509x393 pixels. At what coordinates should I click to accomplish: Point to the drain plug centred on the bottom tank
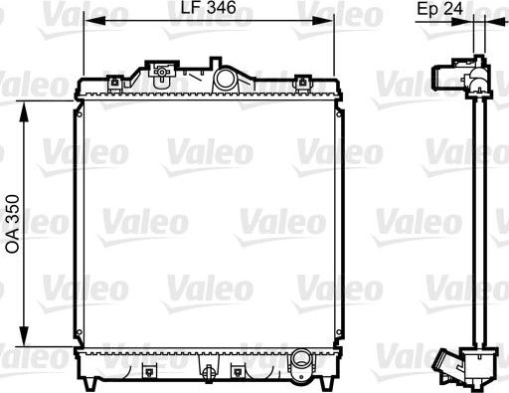(209, 372)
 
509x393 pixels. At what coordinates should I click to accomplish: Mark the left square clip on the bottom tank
(148, 372)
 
